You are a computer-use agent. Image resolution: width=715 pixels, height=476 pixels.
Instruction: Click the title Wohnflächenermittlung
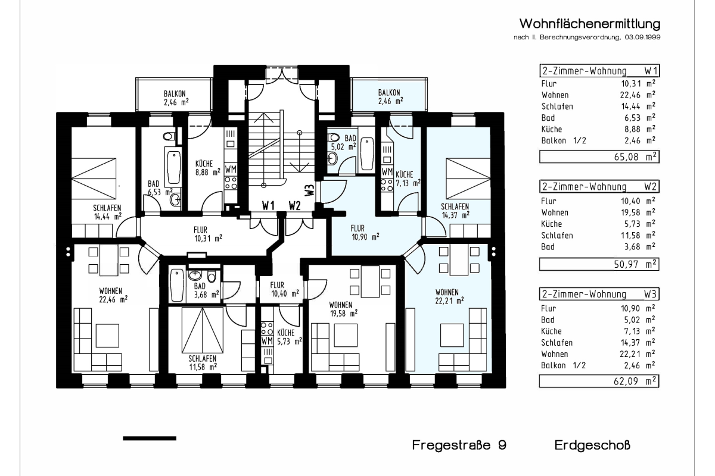tap(589, 24)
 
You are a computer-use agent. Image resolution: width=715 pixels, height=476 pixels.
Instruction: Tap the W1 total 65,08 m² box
tap(599, 157)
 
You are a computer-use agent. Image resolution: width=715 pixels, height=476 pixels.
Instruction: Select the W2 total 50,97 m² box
tap(599, 264)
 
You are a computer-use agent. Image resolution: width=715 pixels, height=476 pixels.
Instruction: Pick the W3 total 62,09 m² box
tap(599, 381)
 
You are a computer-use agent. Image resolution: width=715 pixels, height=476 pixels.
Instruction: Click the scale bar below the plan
tap(150, 439)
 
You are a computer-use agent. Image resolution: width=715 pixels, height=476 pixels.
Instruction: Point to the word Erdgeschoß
tap(592, 446)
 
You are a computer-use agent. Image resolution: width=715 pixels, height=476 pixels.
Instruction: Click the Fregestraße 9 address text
tap(459, 445)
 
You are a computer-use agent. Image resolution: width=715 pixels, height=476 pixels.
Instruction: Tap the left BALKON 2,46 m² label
tap(176, 98)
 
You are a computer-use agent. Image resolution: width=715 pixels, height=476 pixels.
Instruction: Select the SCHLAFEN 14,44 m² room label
tap(107, 212)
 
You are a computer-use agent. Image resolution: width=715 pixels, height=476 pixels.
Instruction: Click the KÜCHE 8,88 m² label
tap(208, 168)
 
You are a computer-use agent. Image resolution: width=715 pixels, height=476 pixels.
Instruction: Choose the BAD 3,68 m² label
tap(206, 290)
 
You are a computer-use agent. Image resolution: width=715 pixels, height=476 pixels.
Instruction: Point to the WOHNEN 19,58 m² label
tap(343, 309)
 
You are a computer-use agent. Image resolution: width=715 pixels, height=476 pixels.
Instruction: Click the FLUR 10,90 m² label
tap(365, 233)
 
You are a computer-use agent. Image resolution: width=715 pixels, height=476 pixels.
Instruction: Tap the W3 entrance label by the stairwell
tap(310, 189)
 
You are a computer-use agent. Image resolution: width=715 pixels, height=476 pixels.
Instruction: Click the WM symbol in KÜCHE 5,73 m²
tap(267, 341)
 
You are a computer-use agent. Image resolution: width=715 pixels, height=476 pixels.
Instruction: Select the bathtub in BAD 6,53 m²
tap(173, 167)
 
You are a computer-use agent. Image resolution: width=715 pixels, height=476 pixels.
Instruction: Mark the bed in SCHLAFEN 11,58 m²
tap(203, 330)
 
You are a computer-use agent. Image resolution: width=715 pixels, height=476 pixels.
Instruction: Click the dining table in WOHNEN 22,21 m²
tap(459, 260)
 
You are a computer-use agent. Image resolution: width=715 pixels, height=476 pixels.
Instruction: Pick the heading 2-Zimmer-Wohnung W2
tap(599, 186)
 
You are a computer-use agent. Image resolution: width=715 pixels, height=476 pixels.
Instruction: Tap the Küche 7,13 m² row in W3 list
tap(598, 331)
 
